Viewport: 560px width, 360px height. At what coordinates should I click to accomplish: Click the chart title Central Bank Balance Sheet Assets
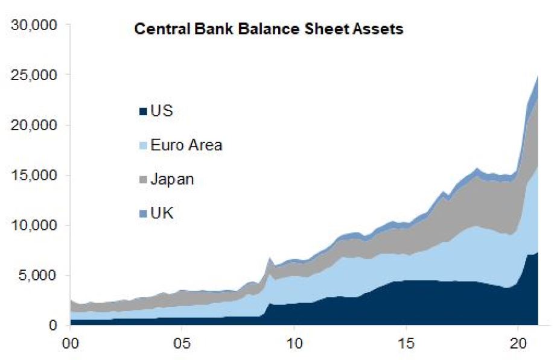pyautogui.click(x=268, y=30)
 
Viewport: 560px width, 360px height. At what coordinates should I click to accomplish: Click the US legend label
pyautogui.click(x=162, y=111)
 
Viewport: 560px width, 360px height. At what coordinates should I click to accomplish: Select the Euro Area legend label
pyautogui.click(x=186, y=145)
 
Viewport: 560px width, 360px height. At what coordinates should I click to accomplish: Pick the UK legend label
pyautogui.click(x=162, y=213)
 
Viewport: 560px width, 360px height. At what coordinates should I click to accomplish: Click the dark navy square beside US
pyautogui.click(x=143, y=112)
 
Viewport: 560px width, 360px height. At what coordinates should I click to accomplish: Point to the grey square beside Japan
pyautogui.click(x=143, y=180)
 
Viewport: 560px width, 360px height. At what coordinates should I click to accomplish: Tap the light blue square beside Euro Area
pyautogui.click(x=143, y=146)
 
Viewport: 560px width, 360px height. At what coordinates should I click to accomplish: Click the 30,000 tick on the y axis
pyautogui.click(x=34, y=25)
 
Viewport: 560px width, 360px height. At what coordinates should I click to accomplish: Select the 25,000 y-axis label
pyautogui.click(x=34, y=75)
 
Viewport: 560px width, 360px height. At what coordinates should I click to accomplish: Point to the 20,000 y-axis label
pyautogui.click(x=34, y=125)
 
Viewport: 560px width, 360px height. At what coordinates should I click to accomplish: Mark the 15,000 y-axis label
pyautogui.click(x=34, y=175)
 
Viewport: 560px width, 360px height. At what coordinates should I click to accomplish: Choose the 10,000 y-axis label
pyautogui.click(x=34, y=226)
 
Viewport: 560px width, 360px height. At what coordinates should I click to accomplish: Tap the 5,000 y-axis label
pyautogui.click(x=38, y=276)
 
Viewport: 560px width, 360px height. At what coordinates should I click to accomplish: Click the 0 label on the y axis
pyautogui.click(x=52, y=326)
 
